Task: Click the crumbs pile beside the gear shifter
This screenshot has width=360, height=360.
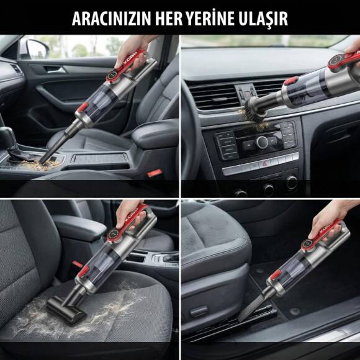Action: pos(50,165)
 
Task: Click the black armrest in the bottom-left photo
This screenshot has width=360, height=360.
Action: pos(81,227)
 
